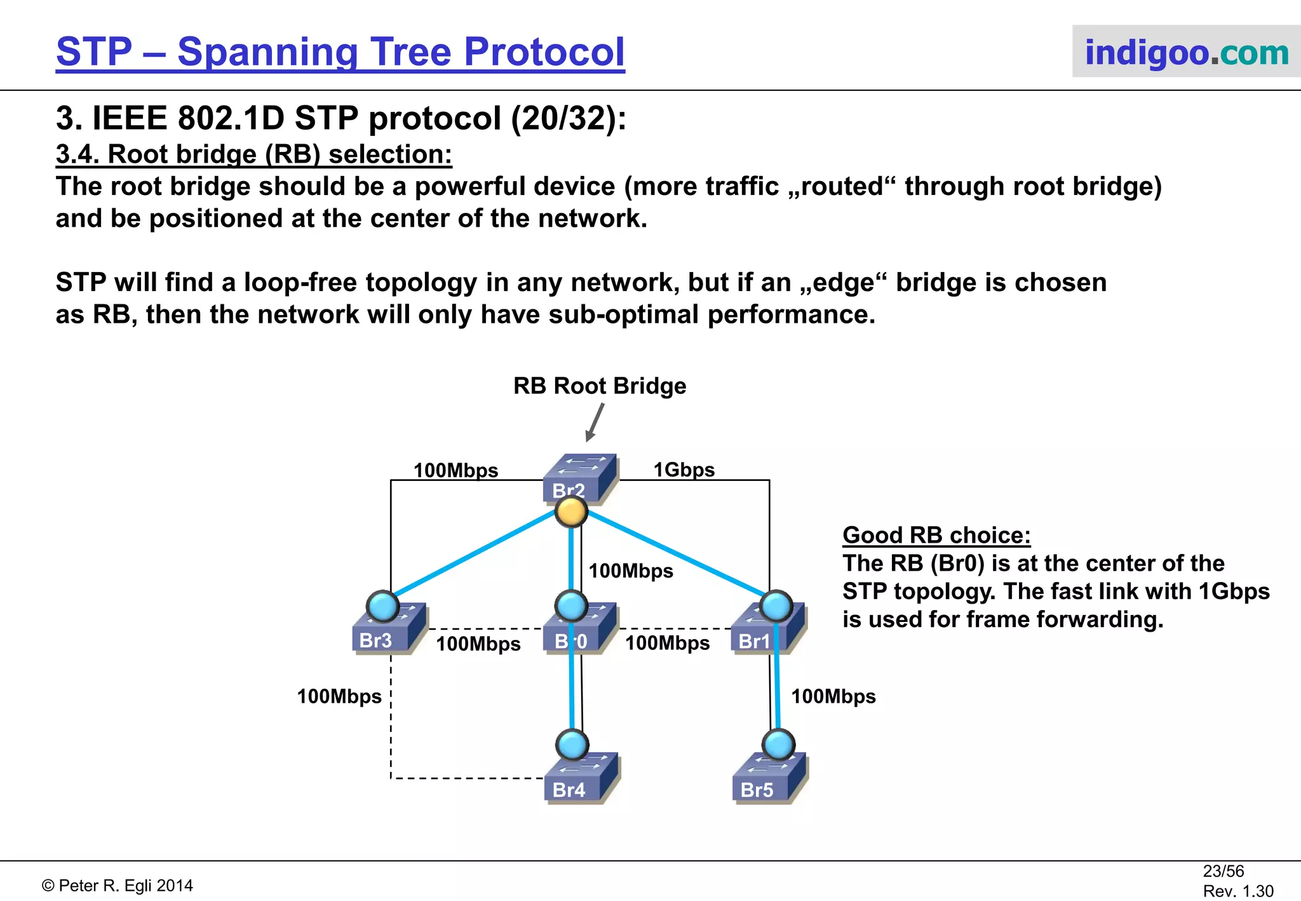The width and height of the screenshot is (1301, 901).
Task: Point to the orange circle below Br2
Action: point(570,511)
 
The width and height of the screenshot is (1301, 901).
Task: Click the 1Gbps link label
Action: point(684,470)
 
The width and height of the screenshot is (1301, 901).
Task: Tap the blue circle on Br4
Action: point(572,744)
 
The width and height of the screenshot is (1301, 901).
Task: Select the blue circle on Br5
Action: point(778,744)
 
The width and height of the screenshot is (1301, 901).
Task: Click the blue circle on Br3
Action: point(382,606)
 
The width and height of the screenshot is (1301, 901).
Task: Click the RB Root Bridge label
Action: point(599,386)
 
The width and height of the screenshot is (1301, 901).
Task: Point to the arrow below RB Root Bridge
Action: point(594,423)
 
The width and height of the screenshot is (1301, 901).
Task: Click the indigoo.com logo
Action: point(1186,52)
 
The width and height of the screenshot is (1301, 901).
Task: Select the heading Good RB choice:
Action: point(936,535)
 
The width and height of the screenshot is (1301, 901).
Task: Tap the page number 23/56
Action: point(1223,871)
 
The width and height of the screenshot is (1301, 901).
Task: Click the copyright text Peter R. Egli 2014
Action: point(118,885)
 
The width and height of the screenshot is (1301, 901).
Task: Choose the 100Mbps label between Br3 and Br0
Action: point(478,644)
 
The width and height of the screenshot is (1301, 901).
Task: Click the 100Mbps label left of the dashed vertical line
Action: point(339,696)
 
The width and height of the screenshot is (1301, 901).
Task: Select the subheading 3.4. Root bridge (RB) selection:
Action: point(253,154)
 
